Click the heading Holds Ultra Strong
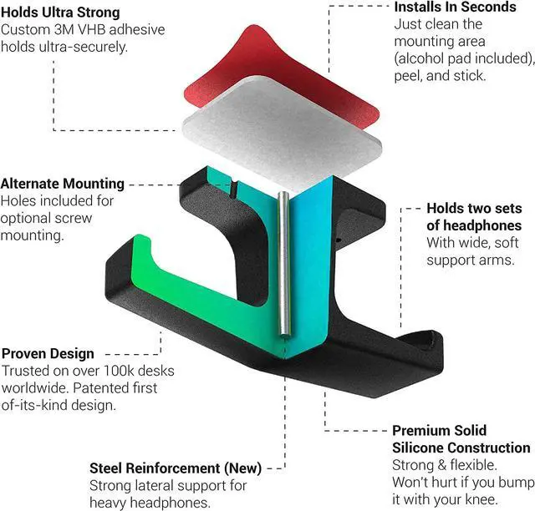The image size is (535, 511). (x=61, y=13)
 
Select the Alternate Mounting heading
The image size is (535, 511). (x=74, y=184)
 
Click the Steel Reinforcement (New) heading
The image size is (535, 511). (x=176, y=467)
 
